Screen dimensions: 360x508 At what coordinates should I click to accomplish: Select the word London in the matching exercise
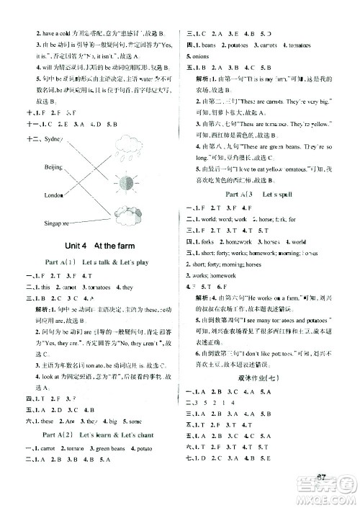34,195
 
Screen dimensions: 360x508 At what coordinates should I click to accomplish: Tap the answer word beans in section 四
212,45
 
